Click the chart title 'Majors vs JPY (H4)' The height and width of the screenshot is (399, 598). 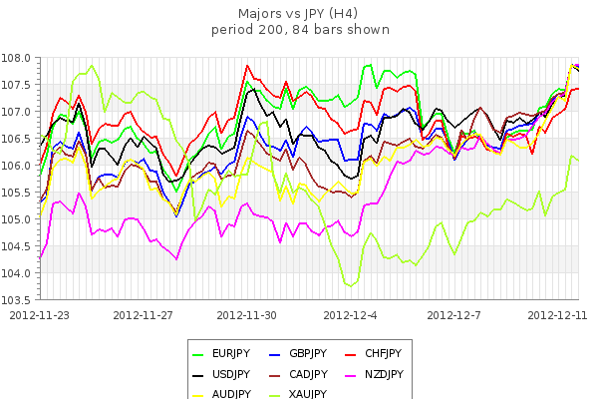(300, 14)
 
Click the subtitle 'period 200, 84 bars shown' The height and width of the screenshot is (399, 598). (300, 30)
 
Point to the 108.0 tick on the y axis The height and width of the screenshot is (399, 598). (19, 58)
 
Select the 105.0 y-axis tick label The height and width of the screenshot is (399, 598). (19, 219)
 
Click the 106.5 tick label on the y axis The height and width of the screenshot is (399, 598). (19, 139)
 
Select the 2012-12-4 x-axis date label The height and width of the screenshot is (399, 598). (353, 314)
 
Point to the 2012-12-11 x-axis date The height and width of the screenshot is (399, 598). (557, 314)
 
